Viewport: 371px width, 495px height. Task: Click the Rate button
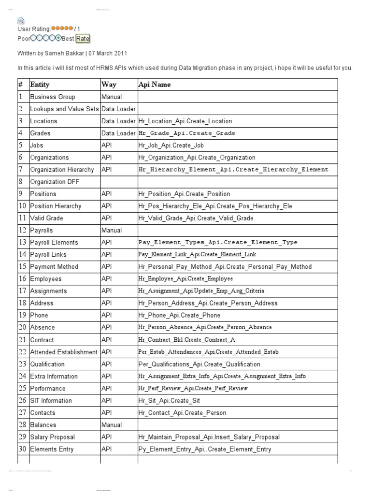coord(83,39)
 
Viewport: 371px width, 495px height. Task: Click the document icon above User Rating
coord(21,20)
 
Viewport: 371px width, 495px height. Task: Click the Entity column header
coord(40,85)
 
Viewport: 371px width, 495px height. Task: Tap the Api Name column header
coord(154,85)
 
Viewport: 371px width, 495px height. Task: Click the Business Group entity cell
coord(53,97)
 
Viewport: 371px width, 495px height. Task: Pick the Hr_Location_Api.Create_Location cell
coord(185,121)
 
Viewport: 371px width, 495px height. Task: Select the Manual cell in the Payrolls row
coord(111,231)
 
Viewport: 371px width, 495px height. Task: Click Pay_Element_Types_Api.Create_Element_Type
coord(218,243)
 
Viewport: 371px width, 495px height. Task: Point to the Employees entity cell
coord(46,279)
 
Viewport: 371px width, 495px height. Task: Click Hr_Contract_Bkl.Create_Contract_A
coord(187,340)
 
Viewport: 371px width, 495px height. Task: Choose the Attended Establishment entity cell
coord(64,352)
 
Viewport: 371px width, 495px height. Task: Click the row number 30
coord(23,449)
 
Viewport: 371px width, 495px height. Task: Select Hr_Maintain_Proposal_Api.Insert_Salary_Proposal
coord(209,437)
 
